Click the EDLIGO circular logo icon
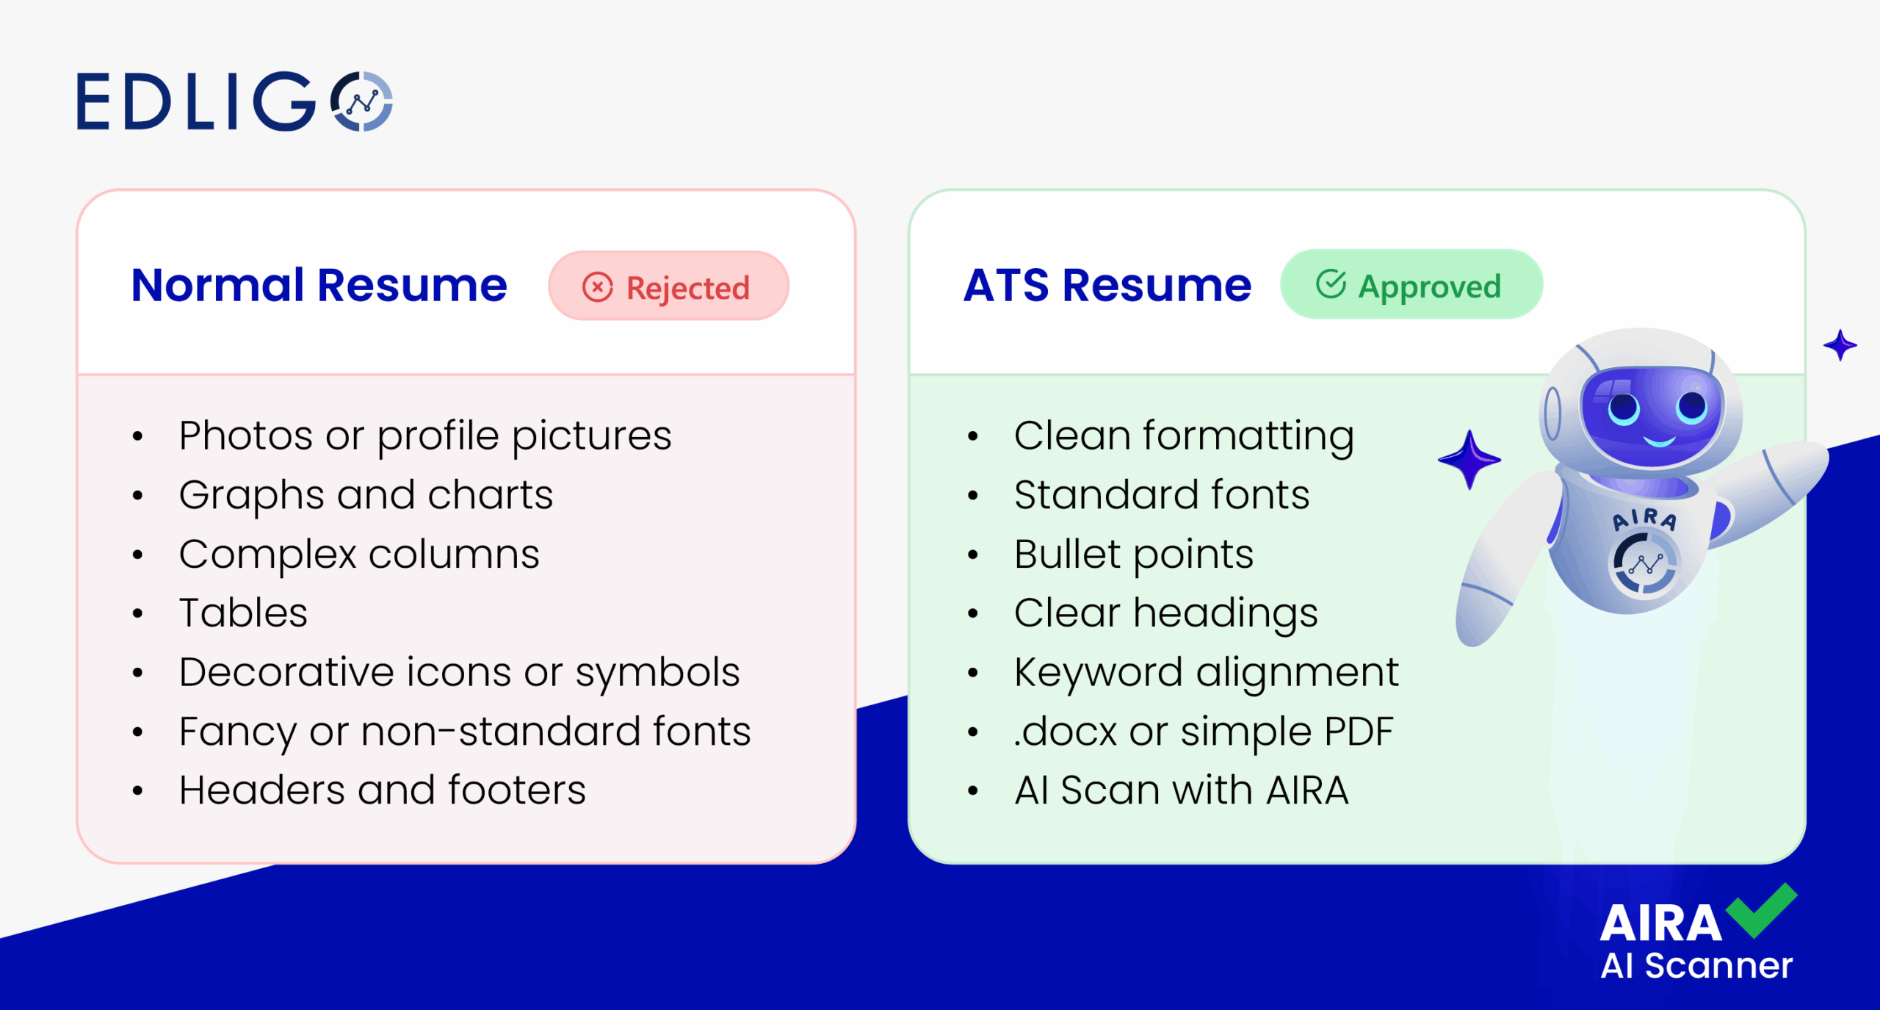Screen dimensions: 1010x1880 coord(362,101)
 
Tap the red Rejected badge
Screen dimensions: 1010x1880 coord(668,286)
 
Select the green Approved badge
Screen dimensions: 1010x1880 coord(1411,285)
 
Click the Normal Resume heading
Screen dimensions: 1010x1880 coord(319,285)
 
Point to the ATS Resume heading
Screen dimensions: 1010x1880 coord(1107,285)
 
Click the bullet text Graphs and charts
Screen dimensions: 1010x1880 coord(366,494)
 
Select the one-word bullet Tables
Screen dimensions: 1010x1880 coord(243,613)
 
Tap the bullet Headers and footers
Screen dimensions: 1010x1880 coord(382,790)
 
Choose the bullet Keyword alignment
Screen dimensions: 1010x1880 coord(1206,672)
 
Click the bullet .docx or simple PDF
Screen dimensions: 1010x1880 coord(1203,732)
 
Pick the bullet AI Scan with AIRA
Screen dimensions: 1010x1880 coord(1181,790)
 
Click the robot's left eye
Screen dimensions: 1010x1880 coord(1624,408)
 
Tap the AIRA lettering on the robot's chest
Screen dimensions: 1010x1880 coord(1645,519)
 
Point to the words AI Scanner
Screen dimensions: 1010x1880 coord(1696,965)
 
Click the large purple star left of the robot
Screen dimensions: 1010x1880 coord(1469,460)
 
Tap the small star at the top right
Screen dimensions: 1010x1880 coord(1840,345)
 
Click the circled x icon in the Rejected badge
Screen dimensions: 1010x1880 coord(598,287)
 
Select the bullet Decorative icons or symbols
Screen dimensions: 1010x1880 coord(459,672)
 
